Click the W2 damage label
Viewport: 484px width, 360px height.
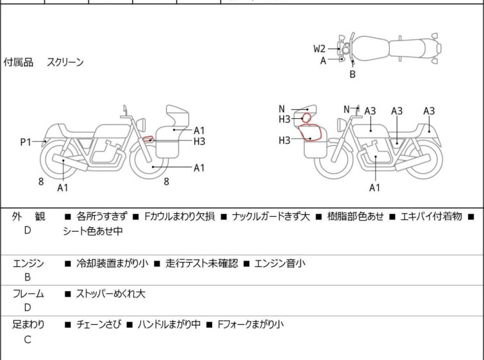[x=320, y=48]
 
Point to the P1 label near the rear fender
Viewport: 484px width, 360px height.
[x=26, y=142]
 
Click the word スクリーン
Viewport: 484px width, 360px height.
[x=65, y=63]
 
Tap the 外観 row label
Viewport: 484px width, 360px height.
[x=28, y=217]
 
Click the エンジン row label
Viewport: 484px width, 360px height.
[x=28, y=263]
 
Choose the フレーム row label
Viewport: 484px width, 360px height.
[x=28, y=294]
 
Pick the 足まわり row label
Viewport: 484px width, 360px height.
[x=28, y=325]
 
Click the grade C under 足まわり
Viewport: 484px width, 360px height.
[x=28, y=340]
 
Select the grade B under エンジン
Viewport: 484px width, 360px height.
[x=28, y=278]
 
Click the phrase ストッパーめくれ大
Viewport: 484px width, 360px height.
[x=110, y=294]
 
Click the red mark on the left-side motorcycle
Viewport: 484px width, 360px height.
[x=148, y=139]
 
